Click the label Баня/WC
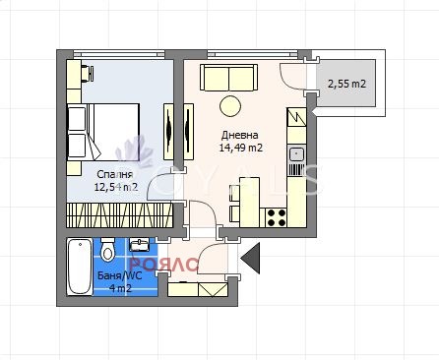click(x=120, y=276)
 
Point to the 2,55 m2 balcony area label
click(x=345, y=85)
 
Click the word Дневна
click(x=240, y=135)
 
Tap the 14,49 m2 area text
click(x=240, y=149)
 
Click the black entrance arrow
click(x=253, y=259)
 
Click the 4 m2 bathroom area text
click(x=120, y=289)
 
